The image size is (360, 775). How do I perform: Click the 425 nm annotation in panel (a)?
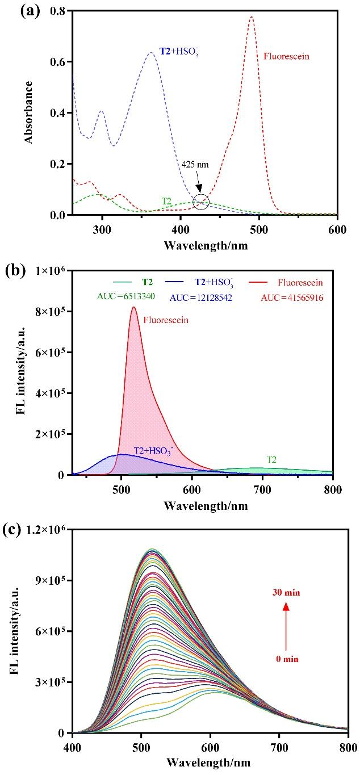(195, 164)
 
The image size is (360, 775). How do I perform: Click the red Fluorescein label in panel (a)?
(286, 56)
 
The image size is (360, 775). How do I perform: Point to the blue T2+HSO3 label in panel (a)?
(179, 52)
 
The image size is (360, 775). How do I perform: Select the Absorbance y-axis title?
(28, 112)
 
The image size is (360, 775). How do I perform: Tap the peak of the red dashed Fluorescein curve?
(252, 16)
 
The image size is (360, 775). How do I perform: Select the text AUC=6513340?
(125, 296)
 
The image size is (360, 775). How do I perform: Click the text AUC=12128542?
(200, 297)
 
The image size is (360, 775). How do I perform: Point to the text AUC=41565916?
(292, 297)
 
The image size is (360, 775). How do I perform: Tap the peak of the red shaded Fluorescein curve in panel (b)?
(134, 307)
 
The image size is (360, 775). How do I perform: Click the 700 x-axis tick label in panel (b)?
(262, 489)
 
